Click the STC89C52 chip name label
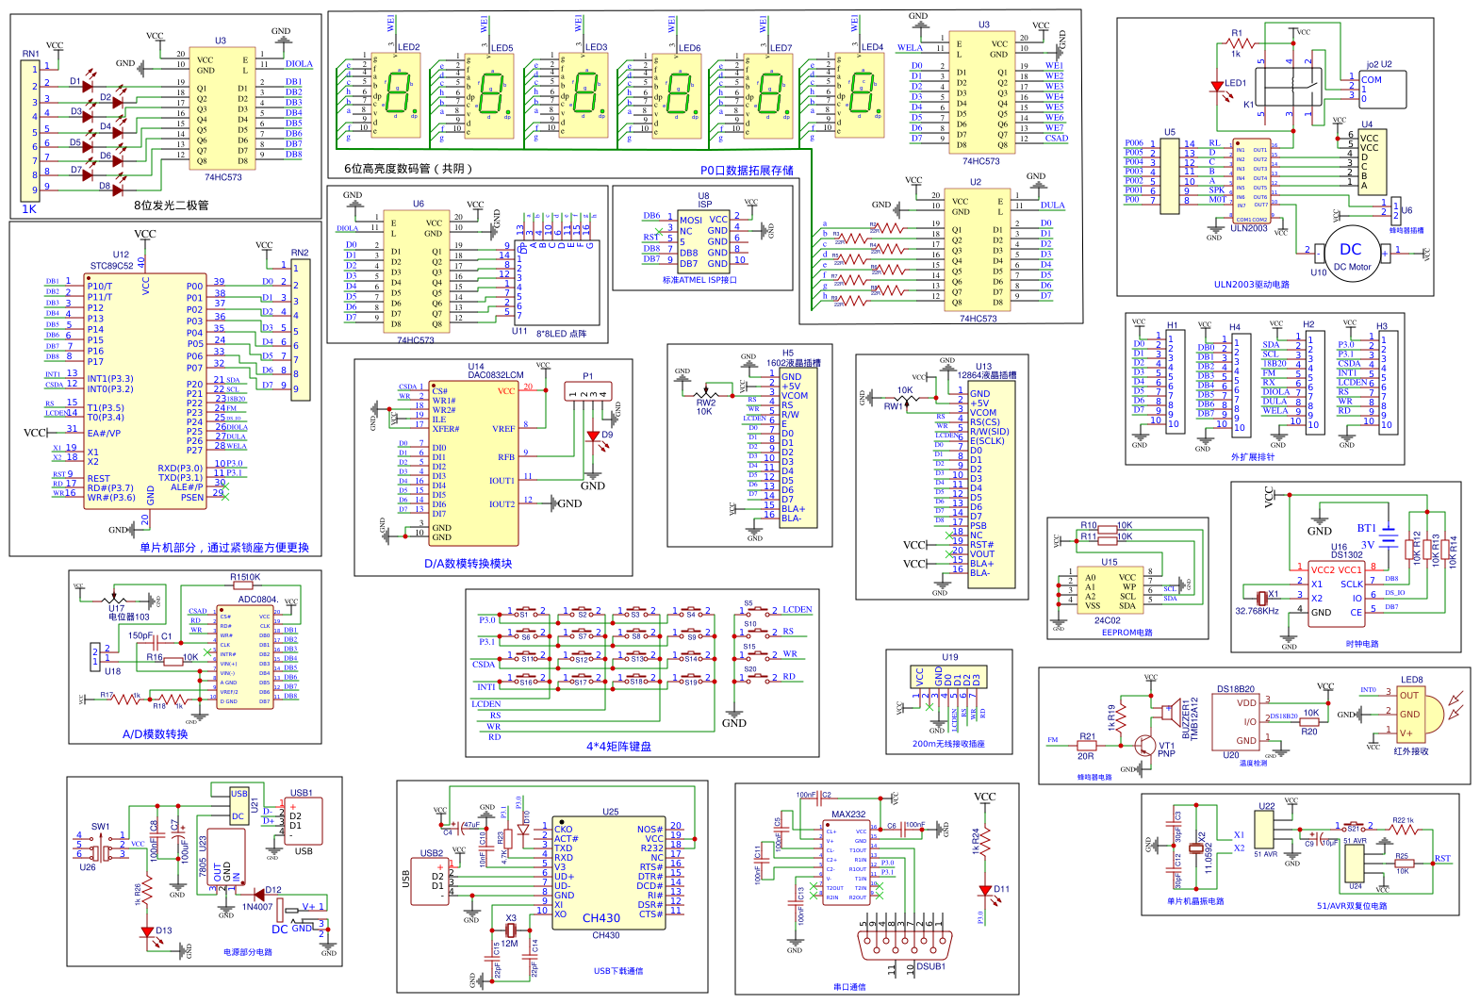pos(111,266)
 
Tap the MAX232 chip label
pos(848,815)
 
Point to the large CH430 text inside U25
pos(601,918)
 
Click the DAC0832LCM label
pos(495,375)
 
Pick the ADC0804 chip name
pos(257,600)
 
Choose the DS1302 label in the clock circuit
pos(1347,555)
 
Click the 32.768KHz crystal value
pos(1257,611)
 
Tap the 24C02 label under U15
pos(1108,620)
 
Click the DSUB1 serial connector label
pos(930,966)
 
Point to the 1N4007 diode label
pos(257,907)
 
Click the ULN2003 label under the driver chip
pos(1249,228)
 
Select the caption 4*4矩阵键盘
pos(618,747)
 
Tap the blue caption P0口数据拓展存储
pos(747,171)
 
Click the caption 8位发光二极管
pos(172,206)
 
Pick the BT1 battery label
pos(1366,529)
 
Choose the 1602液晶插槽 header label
pos(793,363)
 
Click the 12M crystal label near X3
pos(509,943)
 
